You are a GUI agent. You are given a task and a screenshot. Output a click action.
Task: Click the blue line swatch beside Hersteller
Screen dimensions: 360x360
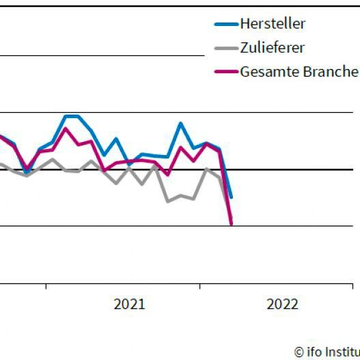(x=225, y=24)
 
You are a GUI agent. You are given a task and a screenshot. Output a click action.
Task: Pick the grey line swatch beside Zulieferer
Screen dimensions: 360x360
(x=225, y=48)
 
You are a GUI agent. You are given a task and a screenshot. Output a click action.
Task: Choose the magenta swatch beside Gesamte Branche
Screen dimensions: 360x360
(x=225, y=72)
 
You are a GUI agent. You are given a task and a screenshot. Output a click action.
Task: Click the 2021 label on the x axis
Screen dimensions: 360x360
(x=129, y=305)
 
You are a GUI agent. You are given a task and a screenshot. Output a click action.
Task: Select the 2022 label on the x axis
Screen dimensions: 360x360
(x=282, y=305)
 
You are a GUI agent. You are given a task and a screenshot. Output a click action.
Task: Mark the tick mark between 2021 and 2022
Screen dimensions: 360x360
(x=200, y=286)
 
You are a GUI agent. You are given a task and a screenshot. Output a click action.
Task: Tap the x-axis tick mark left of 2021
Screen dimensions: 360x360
(x=46, y=286)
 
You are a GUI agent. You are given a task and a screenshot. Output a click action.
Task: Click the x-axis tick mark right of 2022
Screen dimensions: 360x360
(x=352, y=286)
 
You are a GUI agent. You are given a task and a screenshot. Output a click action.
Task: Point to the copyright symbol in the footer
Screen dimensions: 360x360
(x=299, y=352)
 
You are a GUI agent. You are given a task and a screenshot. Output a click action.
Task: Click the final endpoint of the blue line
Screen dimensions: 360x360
(x=231, y=197)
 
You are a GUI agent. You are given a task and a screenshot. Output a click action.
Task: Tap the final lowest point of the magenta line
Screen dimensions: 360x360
(x=232, y=223)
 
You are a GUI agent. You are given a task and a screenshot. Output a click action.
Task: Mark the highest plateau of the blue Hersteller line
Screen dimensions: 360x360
(x=72, y=116)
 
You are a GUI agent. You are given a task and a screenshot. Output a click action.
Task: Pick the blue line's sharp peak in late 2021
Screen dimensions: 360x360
(x=180, y=124)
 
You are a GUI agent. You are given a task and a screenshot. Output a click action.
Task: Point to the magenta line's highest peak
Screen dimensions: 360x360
(x=66, y=128)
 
